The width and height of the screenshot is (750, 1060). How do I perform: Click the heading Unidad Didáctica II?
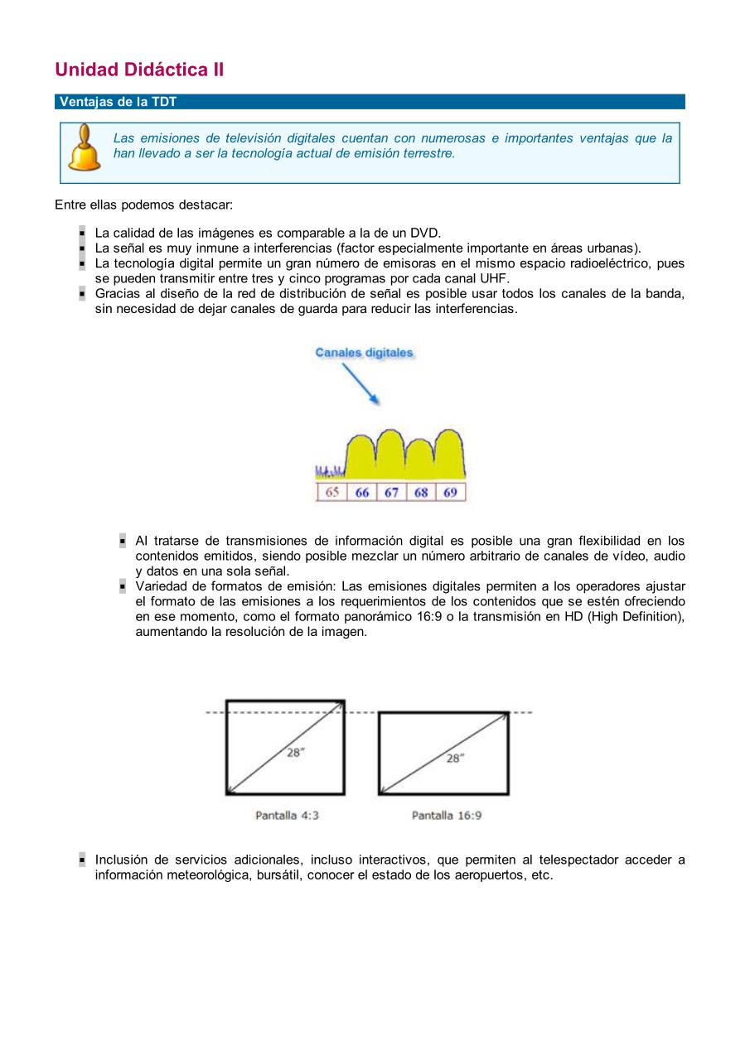[139, 70]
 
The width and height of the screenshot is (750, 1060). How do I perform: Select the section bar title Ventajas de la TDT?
[119, 102]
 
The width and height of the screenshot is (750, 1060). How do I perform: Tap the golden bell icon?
[84, 147]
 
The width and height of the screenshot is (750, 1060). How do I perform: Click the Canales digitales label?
[364, 353]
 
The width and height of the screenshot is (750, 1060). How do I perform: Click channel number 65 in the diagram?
[331, 492]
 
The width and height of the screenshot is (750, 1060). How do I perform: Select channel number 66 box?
[362, 492]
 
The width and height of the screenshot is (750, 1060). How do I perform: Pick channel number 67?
[391, 492]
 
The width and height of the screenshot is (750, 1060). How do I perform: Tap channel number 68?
[421, 492]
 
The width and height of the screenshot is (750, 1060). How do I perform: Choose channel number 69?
[450, 492]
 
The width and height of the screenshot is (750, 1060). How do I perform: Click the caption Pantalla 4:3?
[287, 816]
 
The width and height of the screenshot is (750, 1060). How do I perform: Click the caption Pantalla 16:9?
[447, 816]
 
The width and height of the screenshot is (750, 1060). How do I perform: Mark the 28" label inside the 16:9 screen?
[455, 758]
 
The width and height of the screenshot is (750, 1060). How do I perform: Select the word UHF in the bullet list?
[494, 278]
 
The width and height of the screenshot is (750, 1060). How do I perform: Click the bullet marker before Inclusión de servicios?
[83, 860]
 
